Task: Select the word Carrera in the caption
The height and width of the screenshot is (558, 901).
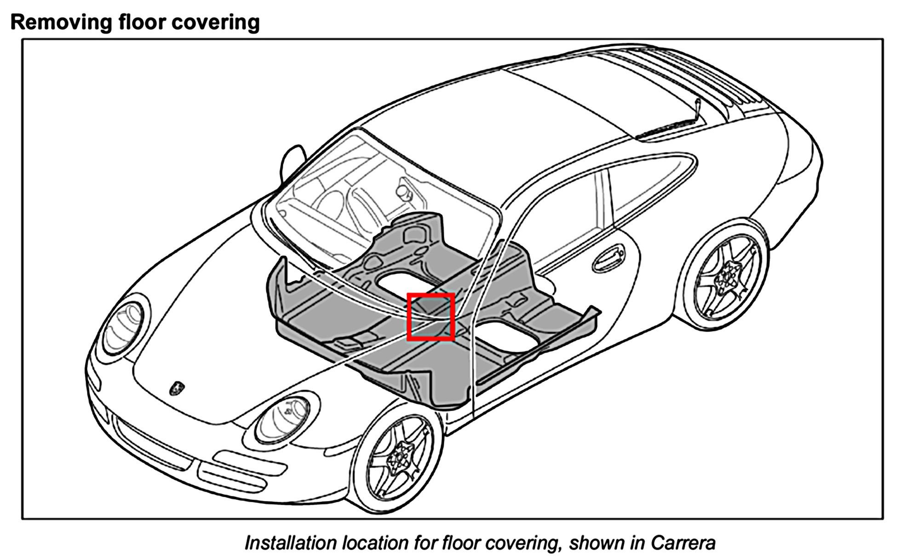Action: coord(683,543)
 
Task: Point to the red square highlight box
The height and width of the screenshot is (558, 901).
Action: coord(431,317)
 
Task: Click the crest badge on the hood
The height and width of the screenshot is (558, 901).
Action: coord(176,388)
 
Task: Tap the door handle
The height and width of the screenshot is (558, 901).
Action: coord(608,258)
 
